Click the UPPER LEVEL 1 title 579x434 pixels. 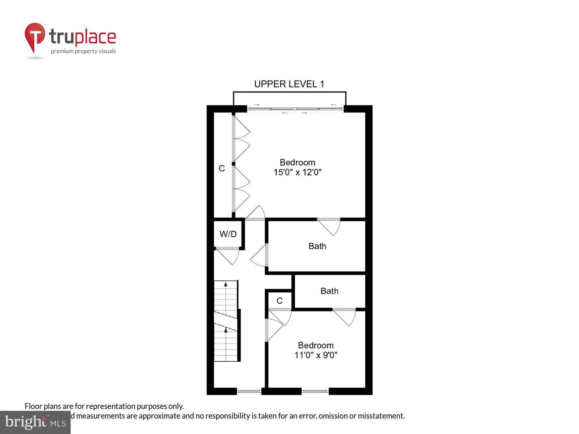[x=289, y=84]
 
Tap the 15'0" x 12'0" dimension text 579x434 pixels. [x=297, y=172]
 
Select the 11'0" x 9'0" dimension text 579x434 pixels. [x=316, y=355]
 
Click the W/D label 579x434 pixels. [x=228, y=234]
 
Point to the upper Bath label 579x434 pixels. [x=317, y=246]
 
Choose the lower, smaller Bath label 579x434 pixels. [x=329, y=291]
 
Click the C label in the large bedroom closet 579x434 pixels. [x=222, y=168]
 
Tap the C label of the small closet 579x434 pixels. [x=279, y=301]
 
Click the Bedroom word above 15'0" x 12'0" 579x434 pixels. [x=297, y=162]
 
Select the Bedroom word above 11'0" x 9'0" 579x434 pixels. [x=316, y=345]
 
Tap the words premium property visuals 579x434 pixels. [x=83, y=51]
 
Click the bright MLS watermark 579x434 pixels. [x=35, y=422]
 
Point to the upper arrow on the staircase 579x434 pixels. [x=226, y=285]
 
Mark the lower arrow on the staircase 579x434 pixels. [x=226, y=330]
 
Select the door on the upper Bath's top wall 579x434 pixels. [x=330, y=226]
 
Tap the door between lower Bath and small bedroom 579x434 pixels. [x=345, y=316]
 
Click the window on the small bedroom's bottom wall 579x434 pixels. [x=315, y=391]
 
